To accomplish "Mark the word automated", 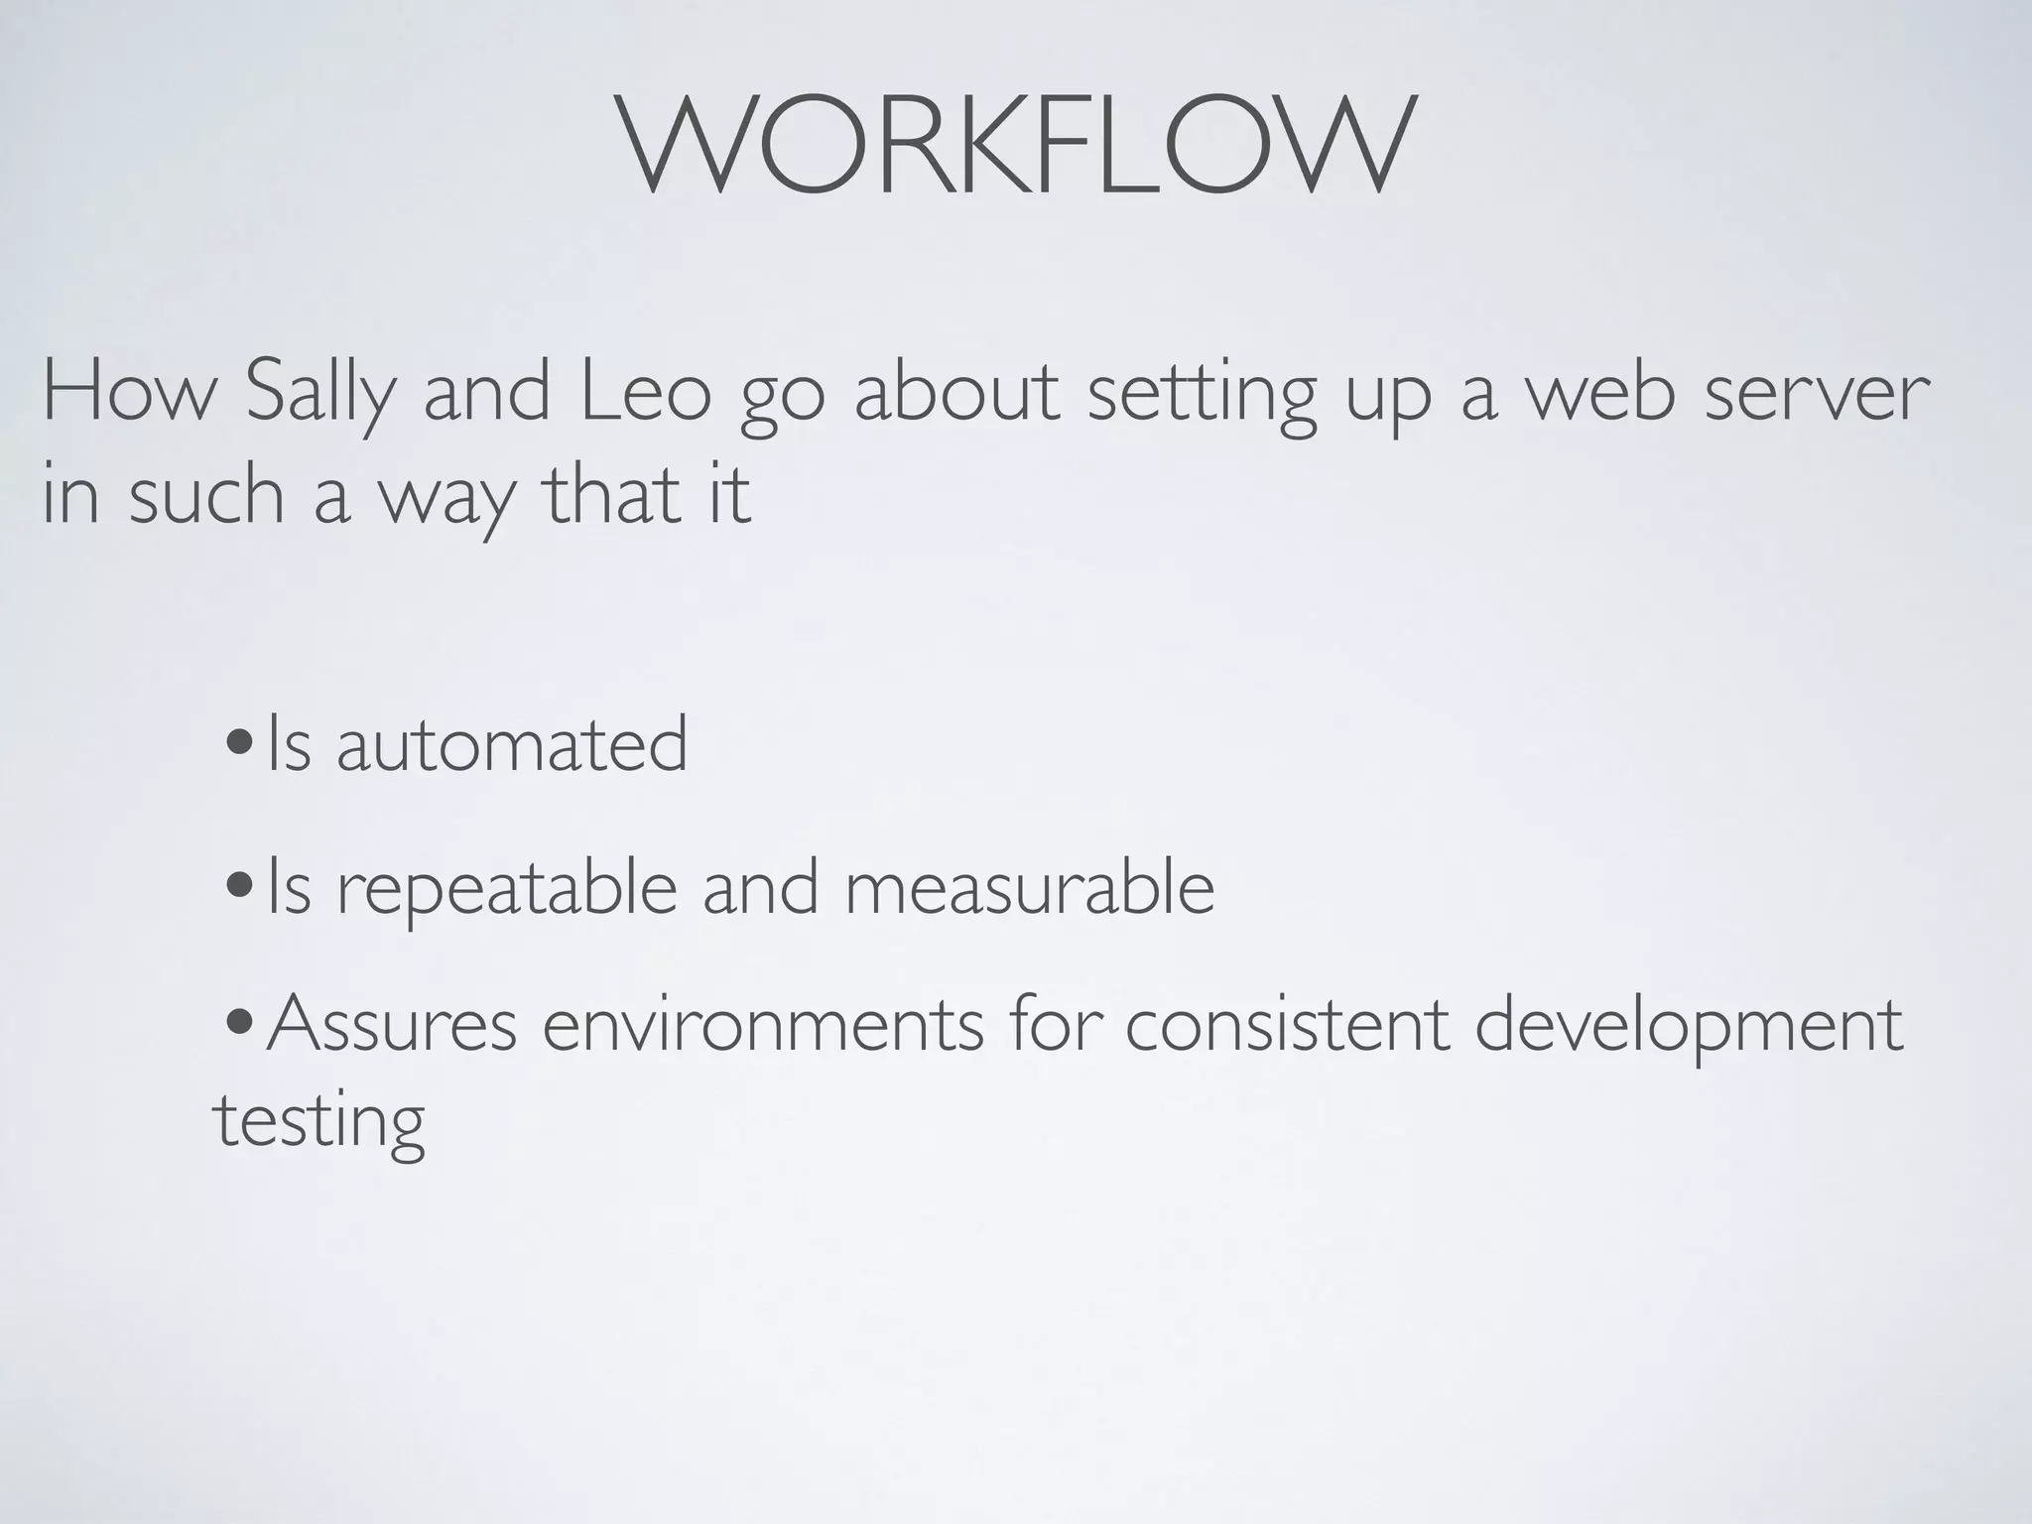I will click(x=511, y=744).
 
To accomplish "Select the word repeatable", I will click(x=507, y=889).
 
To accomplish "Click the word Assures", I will click(x=391, y=1024).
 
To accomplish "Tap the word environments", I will click(x=763, y=1024).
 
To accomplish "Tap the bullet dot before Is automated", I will click(x=237, y=743).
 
